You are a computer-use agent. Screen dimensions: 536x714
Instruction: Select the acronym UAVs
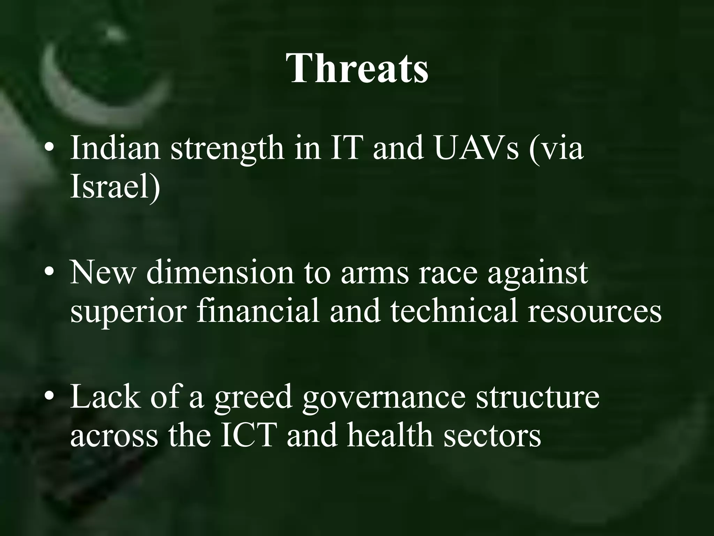(x=477, y=148)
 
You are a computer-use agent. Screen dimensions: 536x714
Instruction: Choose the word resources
(x=594, y=312)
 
